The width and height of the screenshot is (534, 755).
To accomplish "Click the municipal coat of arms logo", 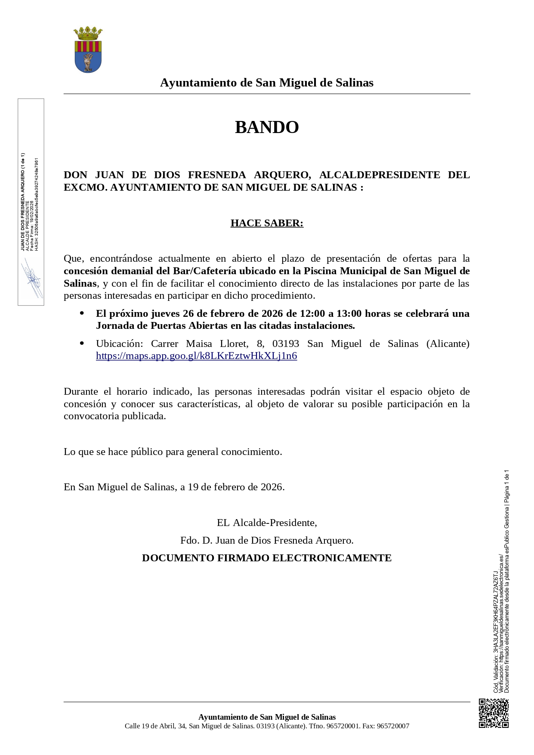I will [88, 50].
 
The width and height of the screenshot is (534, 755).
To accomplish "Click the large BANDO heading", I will [267, 127].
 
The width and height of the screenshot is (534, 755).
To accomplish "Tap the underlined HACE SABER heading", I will [267, 223].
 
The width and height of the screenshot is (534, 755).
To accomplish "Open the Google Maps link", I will [196, 356].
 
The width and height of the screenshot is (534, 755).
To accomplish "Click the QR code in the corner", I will [494, 713].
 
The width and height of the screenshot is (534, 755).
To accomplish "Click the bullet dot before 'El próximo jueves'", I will [82, 313].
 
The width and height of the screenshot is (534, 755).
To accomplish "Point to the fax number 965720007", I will [393, 726].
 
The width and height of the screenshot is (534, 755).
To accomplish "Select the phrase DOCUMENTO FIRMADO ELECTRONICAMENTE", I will [267, 558].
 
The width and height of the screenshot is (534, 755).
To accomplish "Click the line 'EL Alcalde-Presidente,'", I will [267, 523].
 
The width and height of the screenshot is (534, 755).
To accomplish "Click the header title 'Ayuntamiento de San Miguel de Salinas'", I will [267, 83].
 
